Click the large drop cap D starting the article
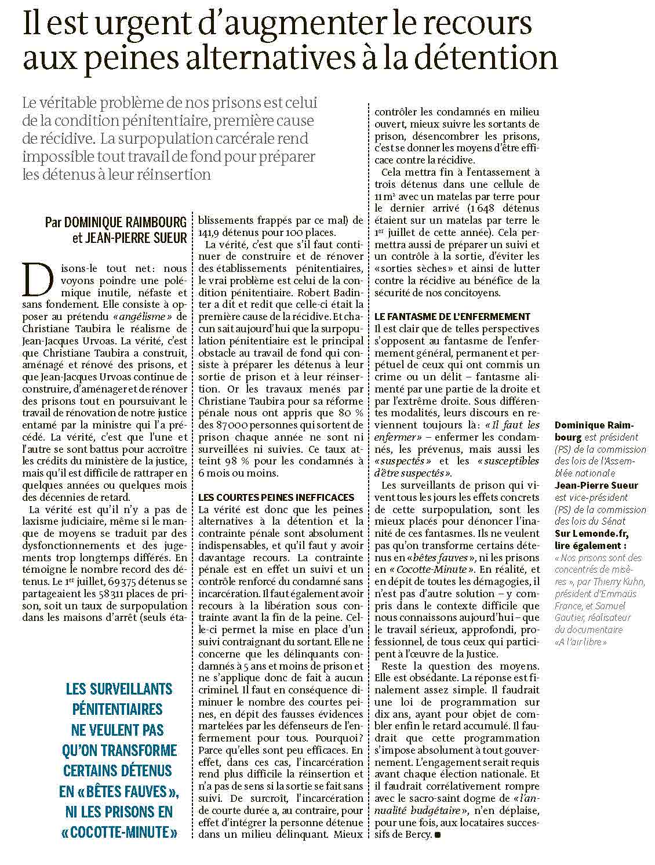32,282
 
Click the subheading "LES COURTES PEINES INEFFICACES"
275,497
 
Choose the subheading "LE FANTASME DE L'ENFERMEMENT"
452,317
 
